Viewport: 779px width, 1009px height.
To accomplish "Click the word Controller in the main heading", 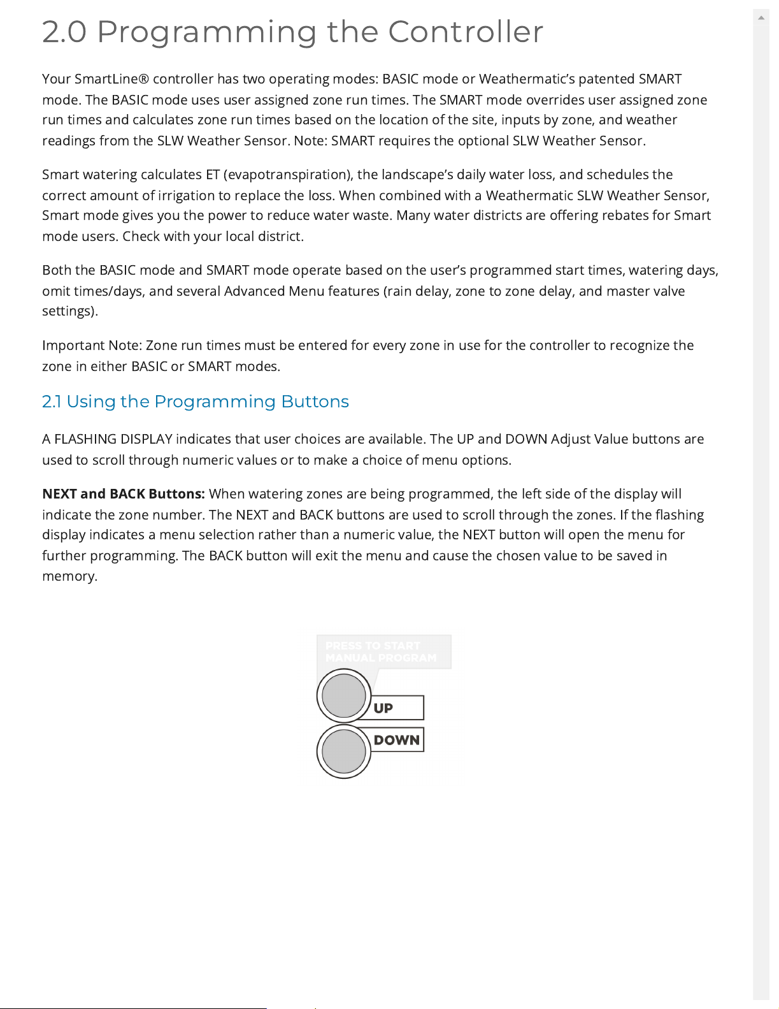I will pos(466,32).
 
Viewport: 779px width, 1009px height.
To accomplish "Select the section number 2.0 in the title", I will pos(64,32).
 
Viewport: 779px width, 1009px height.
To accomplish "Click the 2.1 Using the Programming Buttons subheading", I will pos(195,402).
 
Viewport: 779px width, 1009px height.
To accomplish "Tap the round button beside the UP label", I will pos(344,695).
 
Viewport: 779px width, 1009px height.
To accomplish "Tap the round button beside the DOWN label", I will pos(344,751).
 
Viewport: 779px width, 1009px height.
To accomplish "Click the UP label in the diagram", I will pos(383,708).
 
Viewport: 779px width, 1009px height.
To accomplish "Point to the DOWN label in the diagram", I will pos(397,740).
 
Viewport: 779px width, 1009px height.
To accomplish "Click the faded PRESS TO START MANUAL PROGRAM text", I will pos(381,651).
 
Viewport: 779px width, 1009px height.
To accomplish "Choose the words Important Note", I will pos(90,345).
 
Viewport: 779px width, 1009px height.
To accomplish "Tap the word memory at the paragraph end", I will pos(68,576).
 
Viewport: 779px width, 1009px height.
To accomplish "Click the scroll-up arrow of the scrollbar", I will pos(761,18).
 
